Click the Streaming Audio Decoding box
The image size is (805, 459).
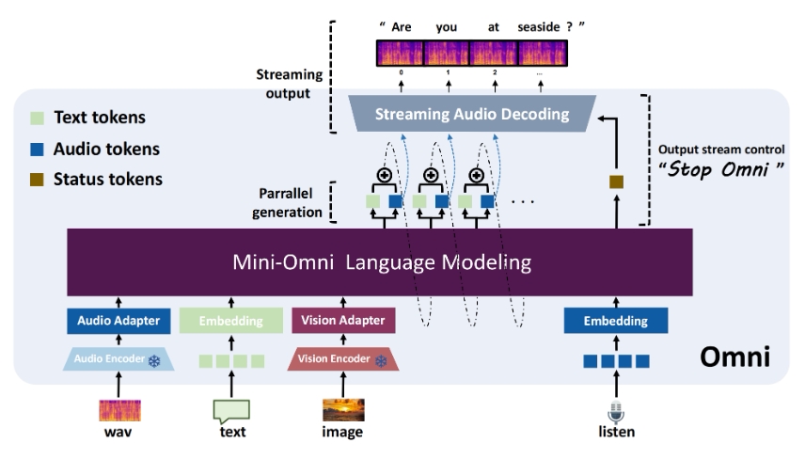tap(472, 115)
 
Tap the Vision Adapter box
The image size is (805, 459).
tap(344, 321)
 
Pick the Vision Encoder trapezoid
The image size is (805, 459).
tap(343, 359)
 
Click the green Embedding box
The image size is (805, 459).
tap(231, 321)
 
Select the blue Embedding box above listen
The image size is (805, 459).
tap(616, 321)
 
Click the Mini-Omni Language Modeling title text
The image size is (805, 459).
tap(380, 261)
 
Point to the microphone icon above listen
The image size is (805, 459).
tap(617, 412)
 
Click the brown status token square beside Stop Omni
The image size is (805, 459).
tap(617, 182)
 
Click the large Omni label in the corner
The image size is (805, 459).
tap(735, 357)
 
